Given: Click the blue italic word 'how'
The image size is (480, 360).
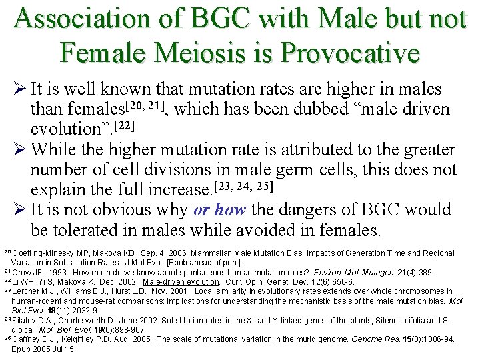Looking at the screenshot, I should [231, 210].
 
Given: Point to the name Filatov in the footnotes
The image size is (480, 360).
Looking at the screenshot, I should [24, 320].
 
